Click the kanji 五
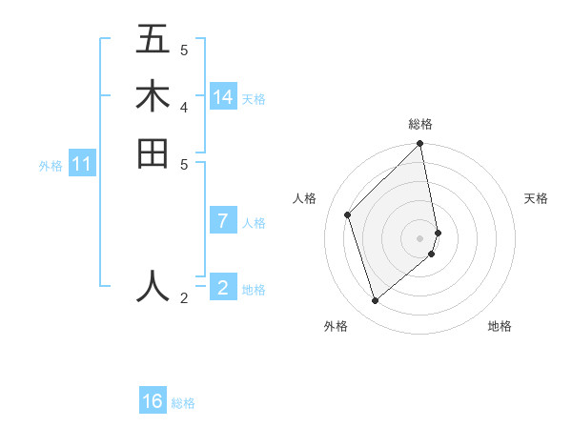pyautogui.click(x=153, y=39)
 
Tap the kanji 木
pyautogui.click(x=153, y=96)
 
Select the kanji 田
pyautogui.click(x=153, y=153)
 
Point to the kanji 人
pyautogui.click(x=153, y=285)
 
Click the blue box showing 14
pyautogui.click(x=223, y=97)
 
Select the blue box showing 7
pyautogui.click(x=223, y=221)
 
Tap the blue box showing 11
pyautogui.click(x=82, y=164)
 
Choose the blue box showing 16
pyautogui.click(x=153, y=401)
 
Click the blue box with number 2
pyautogui.click(x=223, y=286)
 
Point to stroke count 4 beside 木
pyautogui.click(x=184, y=106)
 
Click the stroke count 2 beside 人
pyautogui.click(x=184, y=298)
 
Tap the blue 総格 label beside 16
pyautogui.click(x=183, y=403)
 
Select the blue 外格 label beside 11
pyautogui.click(x=51, y=166)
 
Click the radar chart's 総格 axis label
pyautogui.click(x=420, y=124)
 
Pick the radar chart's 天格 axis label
pyautogui.click(x=536, y=198)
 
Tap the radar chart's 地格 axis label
pyautogui.click(x=500, y=326)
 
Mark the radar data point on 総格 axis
pyautogui.click(x=420, y=144)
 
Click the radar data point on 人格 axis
pyautogui.click(x=348, y=214)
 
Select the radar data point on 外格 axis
pyautogui.click(x=376, y=301)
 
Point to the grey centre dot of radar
pyautogui.click(x=420, y=237)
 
